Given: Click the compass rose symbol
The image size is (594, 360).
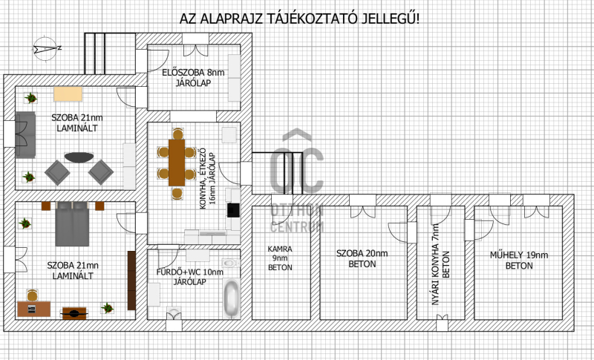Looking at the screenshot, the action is coord(46,48).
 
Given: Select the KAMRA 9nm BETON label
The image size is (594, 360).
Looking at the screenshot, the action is coord(280,258).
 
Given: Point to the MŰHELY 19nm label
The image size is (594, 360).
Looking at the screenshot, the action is coord(519,255).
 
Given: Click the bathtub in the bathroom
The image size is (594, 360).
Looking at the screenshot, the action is coord(231,298).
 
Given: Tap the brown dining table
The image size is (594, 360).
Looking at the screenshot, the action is coord(177,163).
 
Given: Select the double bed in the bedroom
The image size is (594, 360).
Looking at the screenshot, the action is coord(72,223).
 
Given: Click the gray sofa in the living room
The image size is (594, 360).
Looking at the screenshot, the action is coord(25,135).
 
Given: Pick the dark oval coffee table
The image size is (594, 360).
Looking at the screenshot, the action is coord(79,157).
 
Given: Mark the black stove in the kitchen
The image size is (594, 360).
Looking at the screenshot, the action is coord(233,210).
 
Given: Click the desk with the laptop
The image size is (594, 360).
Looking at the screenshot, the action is coord(33,309).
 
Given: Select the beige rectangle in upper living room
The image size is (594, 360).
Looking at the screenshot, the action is coord(68,94).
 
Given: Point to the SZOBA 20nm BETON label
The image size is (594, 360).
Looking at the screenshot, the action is coord(362,258).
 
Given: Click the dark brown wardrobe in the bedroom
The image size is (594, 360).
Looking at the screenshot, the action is coord(131,281).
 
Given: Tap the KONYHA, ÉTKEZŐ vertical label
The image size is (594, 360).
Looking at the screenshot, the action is coord(203,178).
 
